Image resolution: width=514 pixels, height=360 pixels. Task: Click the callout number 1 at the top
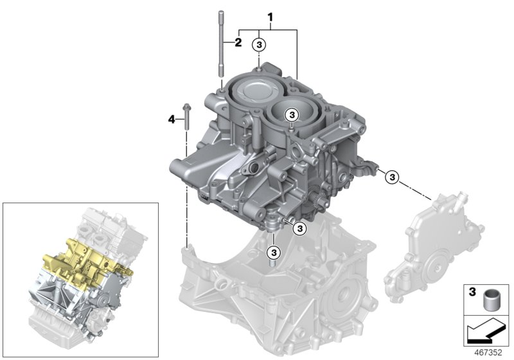coord(270,14)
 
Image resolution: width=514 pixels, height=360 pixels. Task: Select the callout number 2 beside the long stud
coord(237,43)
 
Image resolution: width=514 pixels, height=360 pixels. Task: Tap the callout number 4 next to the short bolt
coord(172,118)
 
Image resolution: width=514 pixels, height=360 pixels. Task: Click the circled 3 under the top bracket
coord(258,44)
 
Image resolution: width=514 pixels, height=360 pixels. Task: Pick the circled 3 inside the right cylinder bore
coord(291,114)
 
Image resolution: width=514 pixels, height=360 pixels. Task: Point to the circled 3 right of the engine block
coord(391,177)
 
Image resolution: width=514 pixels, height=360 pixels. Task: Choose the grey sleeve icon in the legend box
coord(492,300)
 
